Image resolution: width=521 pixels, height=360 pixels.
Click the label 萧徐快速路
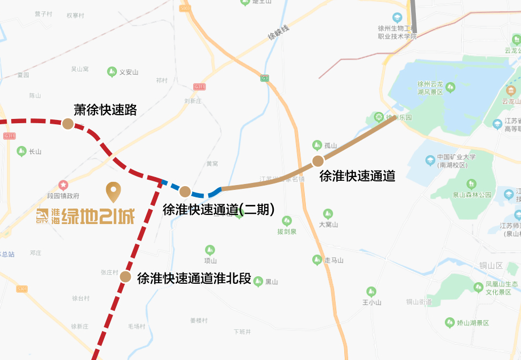(x=105, y=110)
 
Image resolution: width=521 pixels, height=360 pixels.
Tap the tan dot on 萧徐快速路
(x=68, y=124)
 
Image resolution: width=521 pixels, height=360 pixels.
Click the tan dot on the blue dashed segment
(x=185, y=191)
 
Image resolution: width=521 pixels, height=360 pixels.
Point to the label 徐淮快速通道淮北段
(x=194, y=278)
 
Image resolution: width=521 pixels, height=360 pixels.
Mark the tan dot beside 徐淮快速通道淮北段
(x=125, y=276)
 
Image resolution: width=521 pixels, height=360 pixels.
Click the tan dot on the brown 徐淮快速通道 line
(x=318, y=161)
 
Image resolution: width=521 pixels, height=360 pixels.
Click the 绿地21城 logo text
(x=85, y=216)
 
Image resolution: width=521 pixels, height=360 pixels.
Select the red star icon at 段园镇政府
(x=64, y=185)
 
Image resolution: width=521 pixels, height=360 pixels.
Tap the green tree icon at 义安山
(x=112, y=71)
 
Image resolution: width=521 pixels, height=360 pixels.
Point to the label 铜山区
(x=491, y=266)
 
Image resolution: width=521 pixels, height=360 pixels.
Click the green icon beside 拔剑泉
(x=287, y=220)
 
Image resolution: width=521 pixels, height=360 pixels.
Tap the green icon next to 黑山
(x=258, y=281)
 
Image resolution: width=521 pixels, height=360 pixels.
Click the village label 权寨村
(x=75, y=15)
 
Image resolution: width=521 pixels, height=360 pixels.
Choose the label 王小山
(x=372, y=302)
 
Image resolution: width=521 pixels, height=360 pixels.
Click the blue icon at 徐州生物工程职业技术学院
(x=397, y=18)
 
